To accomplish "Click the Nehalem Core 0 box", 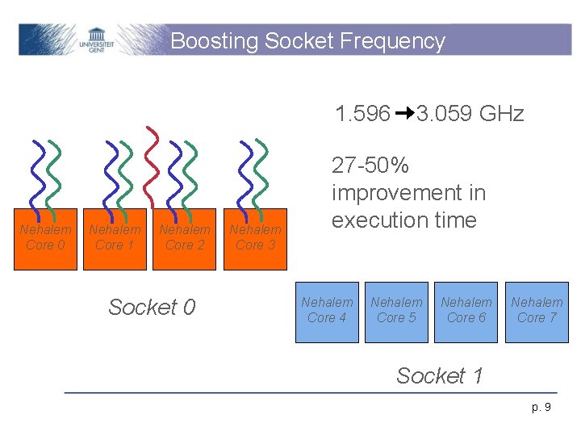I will [45, 237].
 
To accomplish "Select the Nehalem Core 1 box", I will [115, 237].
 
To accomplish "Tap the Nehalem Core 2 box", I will [185, 237].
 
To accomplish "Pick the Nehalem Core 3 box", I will [255, 237].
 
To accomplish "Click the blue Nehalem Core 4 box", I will [327, 311].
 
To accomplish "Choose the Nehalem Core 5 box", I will [396, 311].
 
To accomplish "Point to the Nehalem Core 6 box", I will [466, 311].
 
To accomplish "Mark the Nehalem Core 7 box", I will [537, 311].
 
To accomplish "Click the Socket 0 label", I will [152, 307].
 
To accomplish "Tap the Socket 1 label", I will [440, 375].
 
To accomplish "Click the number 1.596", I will [363, 114].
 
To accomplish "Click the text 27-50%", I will [370, 166].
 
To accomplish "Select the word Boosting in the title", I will [214, 41].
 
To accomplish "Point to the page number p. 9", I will [542, 407].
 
